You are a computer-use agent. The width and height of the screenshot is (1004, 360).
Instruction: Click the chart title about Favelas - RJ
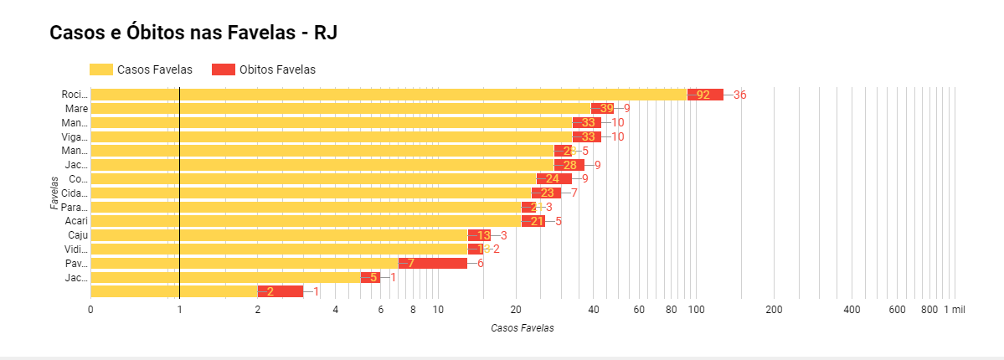[x=193, y=33]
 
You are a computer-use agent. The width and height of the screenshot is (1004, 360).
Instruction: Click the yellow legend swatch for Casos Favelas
[x=100, y=69]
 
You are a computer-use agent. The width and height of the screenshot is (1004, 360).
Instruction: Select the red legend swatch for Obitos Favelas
[x=223, y=69]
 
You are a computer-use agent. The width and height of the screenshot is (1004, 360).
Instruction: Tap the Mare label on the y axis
[x=77, y=109]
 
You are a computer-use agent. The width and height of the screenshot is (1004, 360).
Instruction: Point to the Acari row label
[x=76, y=221]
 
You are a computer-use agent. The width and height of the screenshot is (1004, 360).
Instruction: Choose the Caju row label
[x=78, y=235]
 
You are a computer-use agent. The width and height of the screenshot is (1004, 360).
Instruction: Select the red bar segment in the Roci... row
[x=705, y=95]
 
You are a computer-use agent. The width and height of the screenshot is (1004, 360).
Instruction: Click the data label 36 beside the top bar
[x=739, y=95]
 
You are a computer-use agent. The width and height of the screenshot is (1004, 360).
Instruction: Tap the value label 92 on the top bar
[x=703, y=95]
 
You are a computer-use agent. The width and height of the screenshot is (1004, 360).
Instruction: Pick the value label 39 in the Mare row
[x=606, y=109]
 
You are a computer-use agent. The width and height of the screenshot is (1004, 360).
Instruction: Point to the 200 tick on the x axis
[x=774, y=310]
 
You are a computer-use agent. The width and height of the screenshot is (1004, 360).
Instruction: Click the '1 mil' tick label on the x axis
[x=955, y=310]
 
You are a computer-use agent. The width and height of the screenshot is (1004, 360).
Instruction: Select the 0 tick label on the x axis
[x=90, y=310]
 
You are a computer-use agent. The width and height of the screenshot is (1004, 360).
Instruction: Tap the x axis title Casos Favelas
[x=522, y=328]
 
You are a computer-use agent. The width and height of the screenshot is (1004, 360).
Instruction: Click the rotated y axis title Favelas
[x=54, y=193]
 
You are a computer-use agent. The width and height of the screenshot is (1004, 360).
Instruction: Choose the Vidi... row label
[x=76, y=249]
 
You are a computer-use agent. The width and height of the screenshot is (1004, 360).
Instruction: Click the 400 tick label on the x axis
[x=852, y=310]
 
